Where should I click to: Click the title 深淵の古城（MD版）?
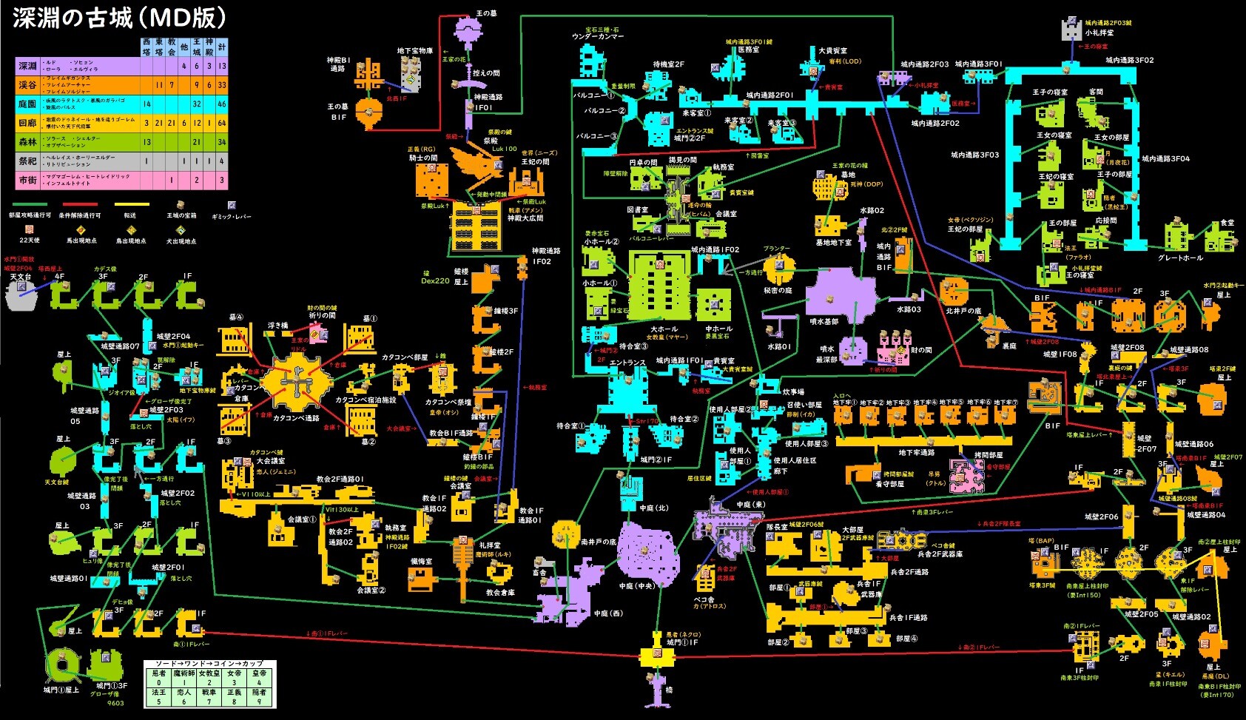119,18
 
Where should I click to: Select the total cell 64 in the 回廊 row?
222,123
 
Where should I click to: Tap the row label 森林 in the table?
27,142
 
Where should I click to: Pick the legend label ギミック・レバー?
232,217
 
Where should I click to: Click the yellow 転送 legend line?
132,205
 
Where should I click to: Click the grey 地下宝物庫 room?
411,72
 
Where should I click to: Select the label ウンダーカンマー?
598,36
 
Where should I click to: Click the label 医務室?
749,50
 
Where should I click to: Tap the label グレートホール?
1180,258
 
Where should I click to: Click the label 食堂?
1228,223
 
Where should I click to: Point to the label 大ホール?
664,329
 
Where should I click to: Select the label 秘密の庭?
777,291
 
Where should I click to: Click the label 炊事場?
793,392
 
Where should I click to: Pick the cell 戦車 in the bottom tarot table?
209,693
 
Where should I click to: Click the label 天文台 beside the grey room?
21,277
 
